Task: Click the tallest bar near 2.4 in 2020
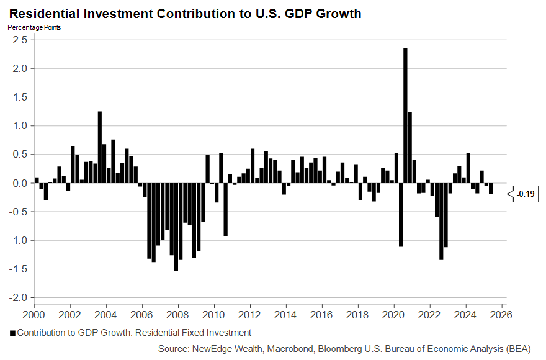pos(405,115)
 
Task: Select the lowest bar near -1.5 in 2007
pos(176,227)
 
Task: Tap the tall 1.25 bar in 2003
pos(100,147)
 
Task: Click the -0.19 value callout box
pos(525,195)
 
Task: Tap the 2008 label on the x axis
pos(179,315)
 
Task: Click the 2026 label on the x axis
pos(500,315)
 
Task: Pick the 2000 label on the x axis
pos(34,315)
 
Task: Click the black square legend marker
pos(12,333)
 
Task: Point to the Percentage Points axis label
pos(34,27)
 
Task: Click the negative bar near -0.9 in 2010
pos(225,210)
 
